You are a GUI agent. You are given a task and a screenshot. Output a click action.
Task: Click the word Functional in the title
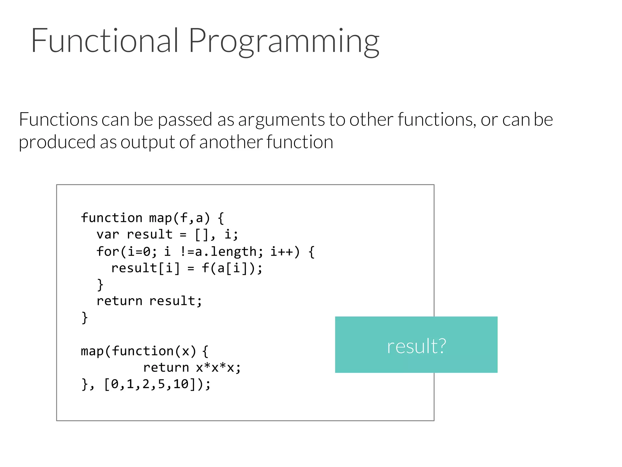pos(104,40)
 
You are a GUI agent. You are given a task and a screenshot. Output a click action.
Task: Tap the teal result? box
pos(416,345)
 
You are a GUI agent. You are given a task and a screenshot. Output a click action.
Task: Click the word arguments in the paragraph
pos(281,119)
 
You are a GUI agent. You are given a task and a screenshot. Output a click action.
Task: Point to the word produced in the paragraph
pos(57,142)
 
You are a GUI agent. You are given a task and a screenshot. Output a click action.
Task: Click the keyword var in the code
pos(108,234)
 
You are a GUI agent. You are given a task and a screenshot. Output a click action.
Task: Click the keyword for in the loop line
pos(108,251)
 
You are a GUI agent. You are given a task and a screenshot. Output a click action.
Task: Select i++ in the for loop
pos(282,251)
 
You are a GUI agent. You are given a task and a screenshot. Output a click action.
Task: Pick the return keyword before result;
pos(119,301)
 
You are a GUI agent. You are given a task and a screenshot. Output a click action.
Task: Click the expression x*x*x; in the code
pos(218,368)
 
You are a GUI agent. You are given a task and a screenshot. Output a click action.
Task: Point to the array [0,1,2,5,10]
pos(150,384)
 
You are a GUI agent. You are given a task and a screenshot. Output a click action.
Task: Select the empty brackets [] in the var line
pos(201,234)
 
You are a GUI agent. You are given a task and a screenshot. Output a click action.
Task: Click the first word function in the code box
pos(111,218)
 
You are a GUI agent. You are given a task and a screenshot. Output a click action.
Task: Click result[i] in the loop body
pos(145,268)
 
